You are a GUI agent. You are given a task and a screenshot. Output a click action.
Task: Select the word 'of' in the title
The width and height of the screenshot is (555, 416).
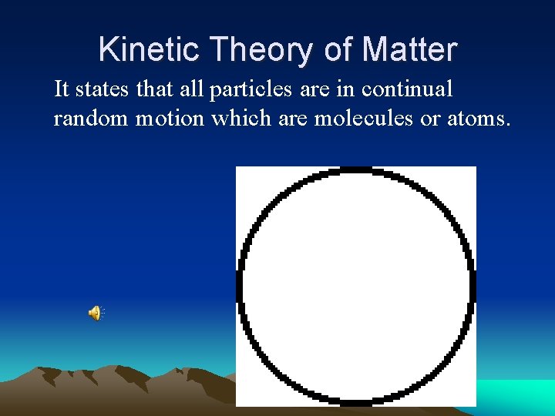coord(338,50)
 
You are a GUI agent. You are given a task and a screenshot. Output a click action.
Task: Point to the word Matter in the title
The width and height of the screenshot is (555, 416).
coord(409,50)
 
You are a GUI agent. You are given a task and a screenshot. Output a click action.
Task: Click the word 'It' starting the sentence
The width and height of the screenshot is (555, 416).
coord(62,89)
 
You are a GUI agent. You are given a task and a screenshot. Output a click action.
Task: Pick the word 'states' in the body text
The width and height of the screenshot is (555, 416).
coord(103,89)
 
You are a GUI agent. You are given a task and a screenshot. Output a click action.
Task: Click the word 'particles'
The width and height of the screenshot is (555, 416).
coord(251,90)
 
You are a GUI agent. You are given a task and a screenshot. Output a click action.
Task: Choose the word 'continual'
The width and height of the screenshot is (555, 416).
coord(407,89)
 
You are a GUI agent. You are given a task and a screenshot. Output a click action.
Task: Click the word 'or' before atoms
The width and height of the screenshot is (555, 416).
coord(430,119)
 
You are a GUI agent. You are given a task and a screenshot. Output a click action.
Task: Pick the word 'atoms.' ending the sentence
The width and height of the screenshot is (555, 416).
coord(479,119)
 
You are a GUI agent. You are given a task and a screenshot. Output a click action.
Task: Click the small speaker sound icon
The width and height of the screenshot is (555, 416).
coord(96,313)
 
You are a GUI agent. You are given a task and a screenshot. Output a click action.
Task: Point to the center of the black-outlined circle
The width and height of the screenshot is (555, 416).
coord(355,286)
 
